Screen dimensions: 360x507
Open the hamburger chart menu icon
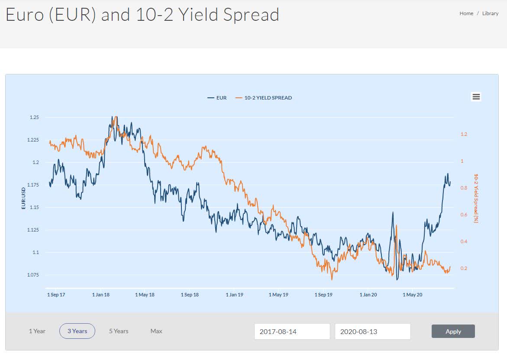(476, 97)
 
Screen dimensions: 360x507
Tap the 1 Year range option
(37, 331)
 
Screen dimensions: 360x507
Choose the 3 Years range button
(77, 331)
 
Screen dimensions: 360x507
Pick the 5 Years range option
(119, 331)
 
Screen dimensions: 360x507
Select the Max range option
(156, 331)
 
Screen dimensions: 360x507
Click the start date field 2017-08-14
(292, 331)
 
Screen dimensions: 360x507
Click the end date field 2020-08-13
(372, 331)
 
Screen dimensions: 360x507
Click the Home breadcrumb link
(466, 13)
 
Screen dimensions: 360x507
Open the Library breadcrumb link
(490, 13)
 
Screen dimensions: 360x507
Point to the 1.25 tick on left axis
(34, 117)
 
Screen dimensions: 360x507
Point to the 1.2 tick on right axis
(464, 135)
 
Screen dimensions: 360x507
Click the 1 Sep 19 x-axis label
(323, 295)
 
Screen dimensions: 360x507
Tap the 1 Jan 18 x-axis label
(101, 295)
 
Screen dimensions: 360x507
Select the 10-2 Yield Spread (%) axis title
(476, 198)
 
